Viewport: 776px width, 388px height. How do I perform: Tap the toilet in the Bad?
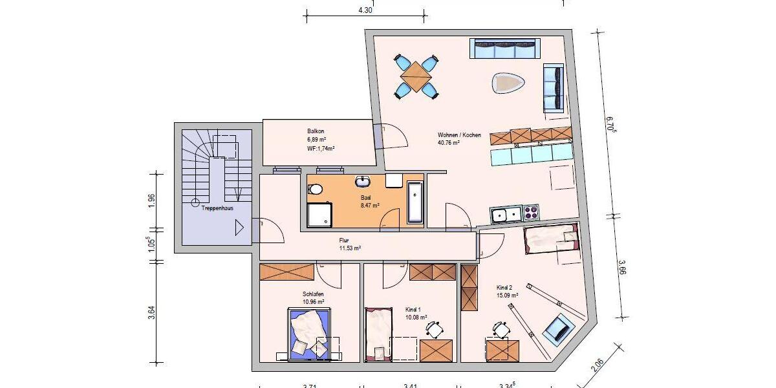[x=316, y=189]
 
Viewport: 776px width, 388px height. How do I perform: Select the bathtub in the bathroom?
[x=415, y=203]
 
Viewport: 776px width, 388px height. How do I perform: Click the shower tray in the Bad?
[x=319, y=215]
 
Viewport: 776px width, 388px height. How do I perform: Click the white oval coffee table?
[x=508, y=83]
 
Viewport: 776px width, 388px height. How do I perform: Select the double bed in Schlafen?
[x=310, y=332]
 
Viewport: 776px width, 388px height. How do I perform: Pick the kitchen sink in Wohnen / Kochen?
[x=506, y=214]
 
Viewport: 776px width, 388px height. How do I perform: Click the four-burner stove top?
[x=531, y=213]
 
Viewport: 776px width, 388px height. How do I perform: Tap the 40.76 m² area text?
[x=449, y=143]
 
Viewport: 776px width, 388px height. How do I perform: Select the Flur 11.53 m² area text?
[x=350, y=248]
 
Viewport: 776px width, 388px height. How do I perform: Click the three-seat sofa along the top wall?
[x=505, y=48]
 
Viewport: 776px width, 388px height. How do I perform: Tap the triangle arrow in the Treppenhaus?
[x=239, y=228]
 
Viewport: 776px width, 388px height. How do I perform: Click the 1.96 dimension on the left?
[x=151, y=200]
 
